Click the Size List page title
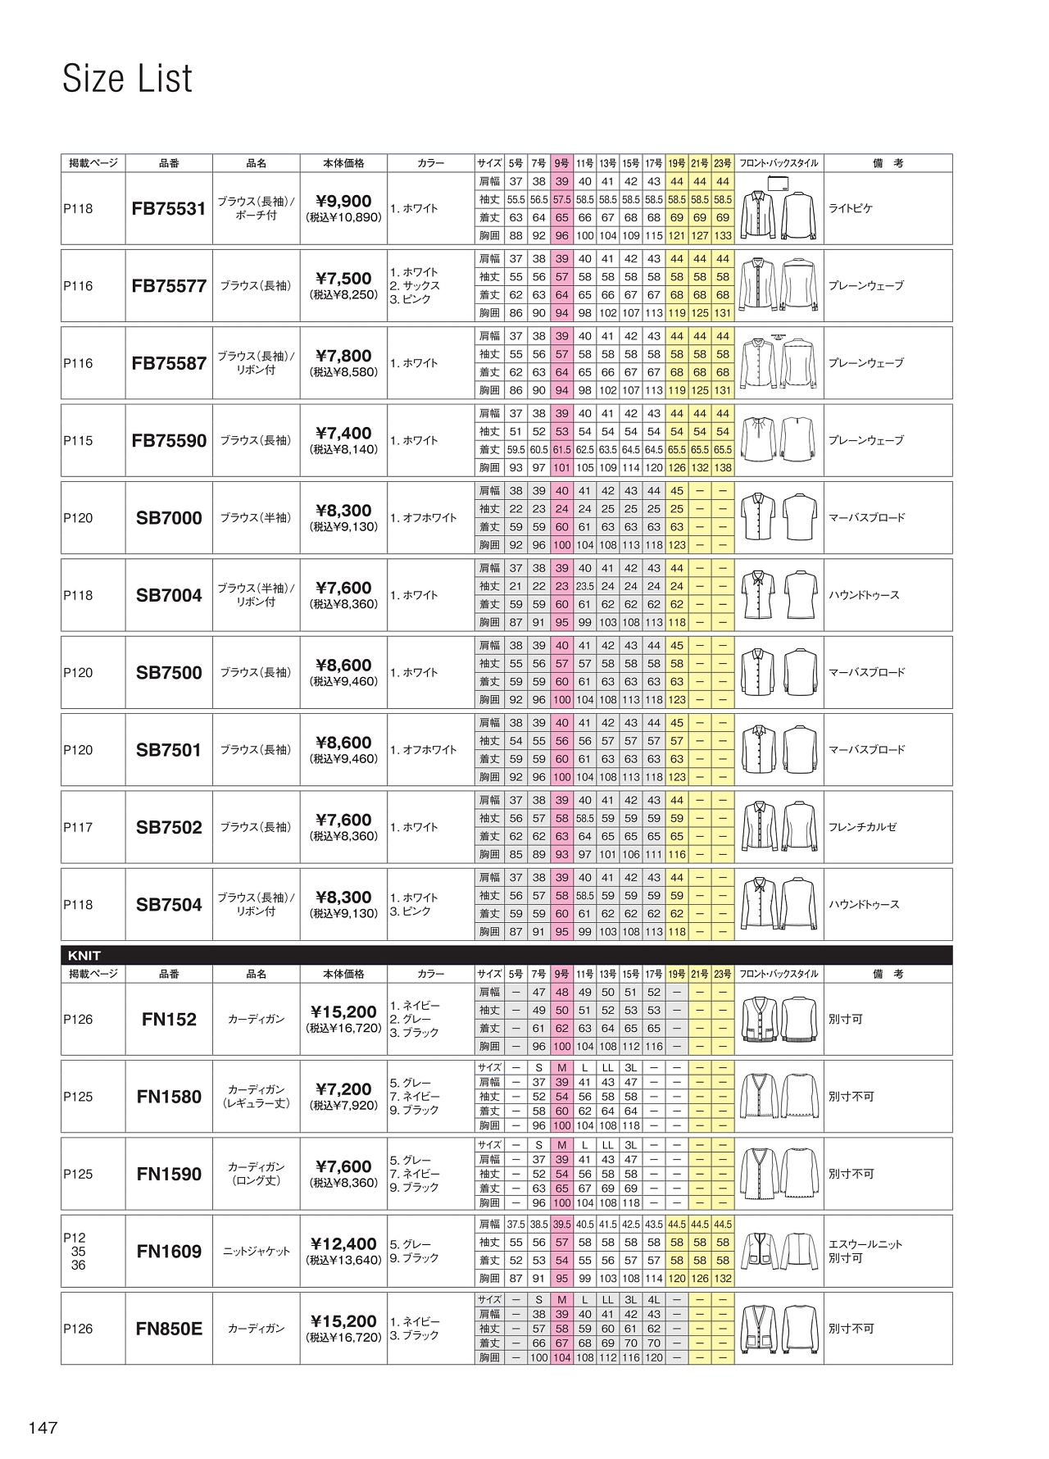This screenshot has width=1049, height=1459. [127, 79]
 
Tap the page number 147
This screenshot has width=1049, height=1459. [43, 1427]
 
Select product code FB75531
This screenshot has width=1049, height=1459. [169, 209]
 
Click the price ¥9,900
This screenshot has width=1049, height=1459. [343, 201]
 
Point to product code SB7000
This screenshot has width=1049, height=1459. [169, 518]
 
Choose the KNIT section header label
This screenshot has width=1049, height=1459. [84, 956]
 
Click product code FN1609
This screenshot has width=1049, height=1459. [169, 1252]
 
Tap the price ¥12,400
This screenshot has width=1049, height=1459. [343, 1243]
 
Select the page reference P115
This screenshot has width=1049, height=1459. [79, 441]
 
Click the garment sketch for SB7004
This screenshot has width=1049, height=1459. [779, 595]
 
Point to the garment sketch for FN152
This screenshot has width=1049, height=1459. [779, 1020]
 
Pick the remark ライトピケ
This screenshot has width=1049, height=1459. [851, 209]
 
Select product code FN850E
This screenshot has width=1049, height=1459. [169, 1329]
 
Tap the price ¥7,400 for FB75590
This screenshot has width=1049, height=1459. [343, 433]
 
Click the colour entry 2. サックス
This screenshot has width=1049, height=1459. [415, 286]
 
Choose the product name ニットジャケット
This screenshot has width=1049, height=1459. [257, 1252]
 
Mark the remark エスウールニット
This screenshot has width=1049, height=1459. [865, 1244]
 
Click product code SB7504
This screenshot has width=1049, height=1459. [169, 905]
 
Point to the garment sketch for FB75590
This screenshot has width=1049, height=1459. [779, 441]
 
